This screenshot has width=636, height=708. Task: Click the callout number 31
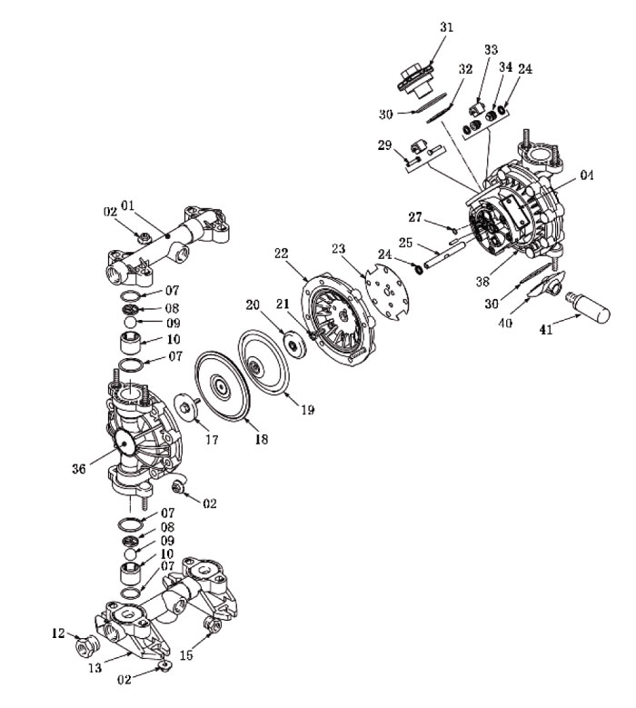click(x=446, y=27)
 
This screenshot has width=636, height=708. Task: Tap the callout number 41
click(x=546, y=330)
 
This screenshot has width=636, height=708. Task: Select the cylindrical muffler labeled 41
click(x=588, y=306)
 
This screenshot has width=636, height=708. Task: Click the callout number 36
click(x=78, y=469)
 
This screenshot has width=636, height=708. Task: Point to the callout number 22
click(x=282, y=254)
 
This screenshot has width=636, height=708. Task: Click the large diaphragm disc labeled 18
click(x=222, y=388)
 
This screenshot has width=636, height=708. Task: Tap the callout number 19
click(x=307, y=410)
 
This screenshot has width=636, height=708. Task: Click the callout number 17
click(x=212, y=439)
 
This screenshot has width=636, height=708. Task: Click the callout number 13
click(x=94, y=667)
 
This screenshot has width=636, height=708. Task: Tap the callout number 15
click(x=186, y=654)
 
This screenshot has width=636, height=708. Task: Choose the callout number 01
click(x=128, y=206)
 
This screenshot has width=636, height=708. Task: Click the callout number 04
click(x=586, y=175)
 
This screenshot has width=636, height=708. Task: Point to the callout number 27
click(x=415, y=217)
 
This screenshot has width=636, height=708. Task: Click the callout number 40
click(x=505, y=323)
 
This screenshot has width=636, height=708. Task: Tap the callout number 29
click(x=384, y=145)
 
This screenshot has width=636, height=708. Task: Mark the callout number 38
click(x=482, y=282)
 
